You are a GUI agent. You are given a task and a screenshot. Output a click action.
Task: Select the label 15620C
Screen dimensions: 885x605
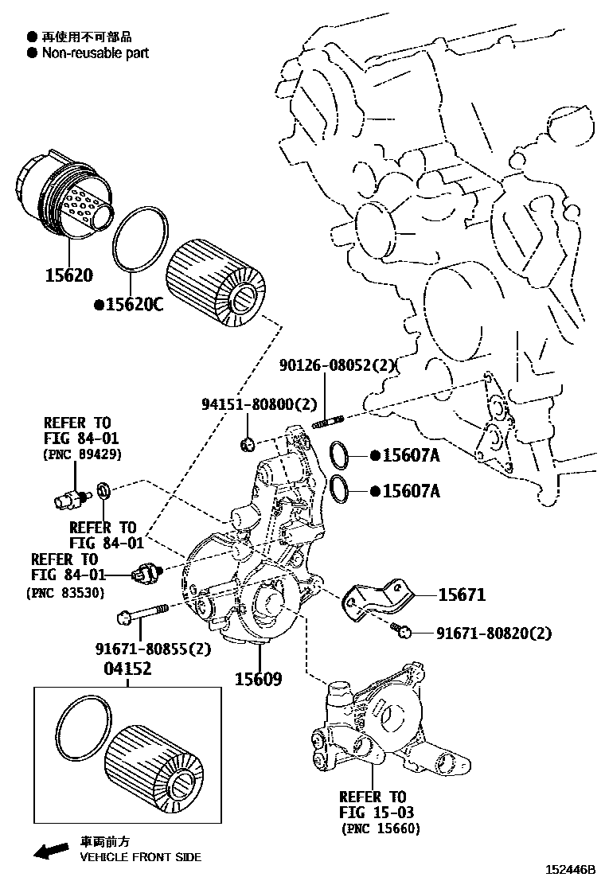pyautogui.click(x=128, y=304)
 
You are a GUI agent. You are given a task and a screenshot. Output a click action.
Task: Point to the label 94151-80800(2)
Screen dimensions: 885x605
pyautogui.click(x=259, y=404)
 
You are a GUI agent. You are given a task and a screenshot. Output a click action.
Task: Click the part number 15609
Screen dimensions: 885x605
pyautogui.click(x=257, y=678)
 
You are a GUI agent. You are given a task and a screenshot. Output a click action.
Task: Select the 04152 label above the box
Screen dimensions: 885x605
pyautogui.click(x=127, y=669)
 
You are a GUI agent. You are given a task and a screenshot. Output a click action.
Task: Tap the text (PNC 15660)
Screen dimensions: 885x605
pyautogui.click(x=380, y=828)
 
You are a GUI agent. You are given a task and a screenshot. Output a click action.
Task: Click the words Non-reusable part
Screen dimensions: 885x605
pyautogui.click(x=95, y=53)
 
